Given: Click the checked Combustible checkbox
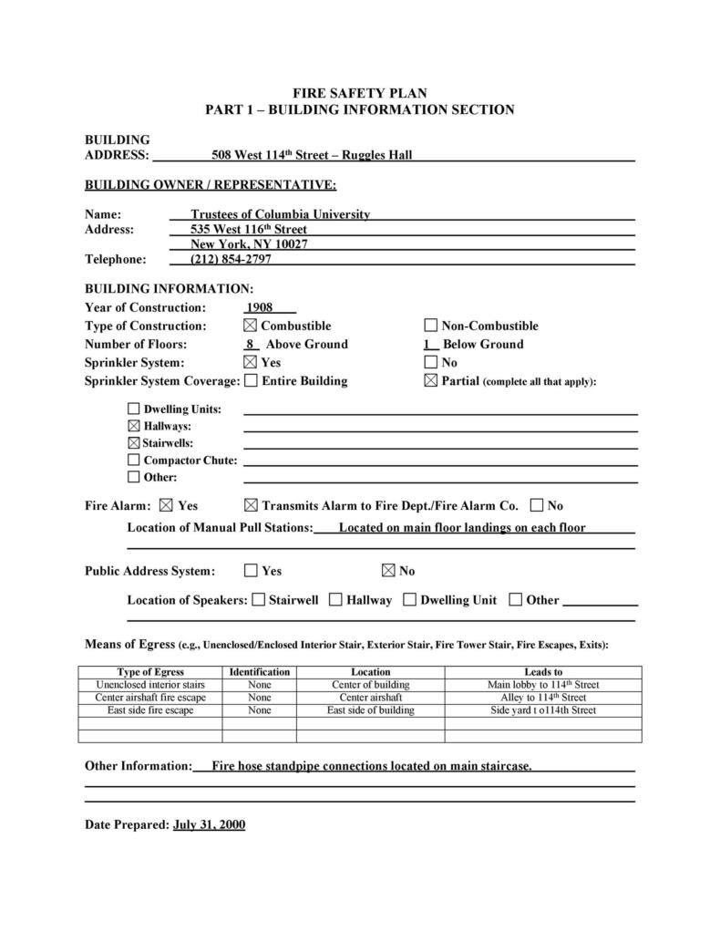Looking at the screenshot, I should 250,326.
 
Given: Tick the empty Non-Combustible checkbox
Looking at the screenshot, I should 431,326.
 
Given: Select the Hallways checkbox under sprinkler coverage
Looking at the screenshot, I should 134,426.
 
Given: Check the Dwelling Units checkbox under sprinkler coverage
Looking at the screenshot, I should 134,409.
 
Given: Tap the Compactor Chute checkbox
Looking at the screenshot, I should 134,460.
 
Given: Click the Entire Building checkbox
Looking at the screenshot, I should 251,380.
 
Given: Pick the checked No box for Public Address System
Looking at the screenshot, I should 388,571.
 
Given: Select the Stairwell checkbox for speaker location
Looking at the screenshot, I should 259,599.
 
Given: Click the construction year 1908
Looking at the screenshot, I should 260,307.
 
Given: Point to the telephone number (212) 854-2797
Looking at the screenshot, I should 231,259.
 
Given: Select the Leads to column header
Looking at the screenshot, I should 543,672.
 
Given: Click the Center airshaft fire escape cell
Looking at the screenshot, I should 150,698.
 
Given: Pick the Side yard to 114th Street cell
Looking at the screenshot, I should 543,710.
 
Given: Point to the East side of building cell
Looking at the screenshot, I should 370,710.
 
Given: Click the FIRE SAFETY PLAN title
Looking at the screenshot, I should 359,93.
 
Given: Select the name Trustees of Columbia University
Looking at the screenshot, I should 280,214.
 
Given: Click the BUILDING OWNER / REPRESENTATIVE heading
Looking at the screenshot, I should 211,185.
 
